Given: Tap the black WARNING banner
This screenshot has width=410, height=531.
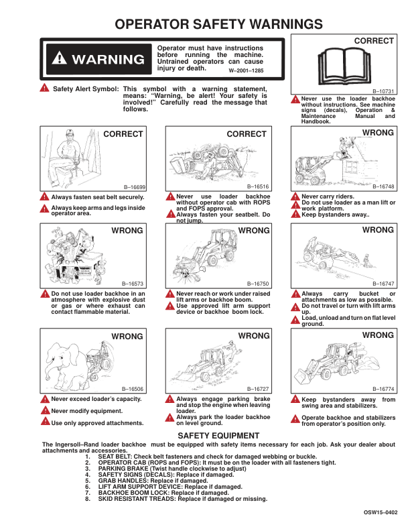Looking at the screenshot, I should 96,60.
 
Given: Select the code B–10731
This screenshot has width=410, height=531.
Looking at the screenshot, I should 383,91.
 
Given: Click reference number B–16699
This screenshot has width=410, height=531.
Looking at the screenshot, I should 134,188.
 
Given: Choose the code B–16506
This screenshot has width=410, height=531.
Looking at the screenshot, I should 134,389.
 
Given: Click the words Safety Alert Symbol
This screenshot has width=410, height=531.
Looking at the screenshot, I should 86,88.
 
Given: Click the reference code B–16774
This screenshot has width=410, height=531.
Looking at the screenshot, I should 383,389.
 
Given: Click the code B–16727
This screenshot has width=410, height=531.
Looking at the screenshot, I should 259,389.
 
